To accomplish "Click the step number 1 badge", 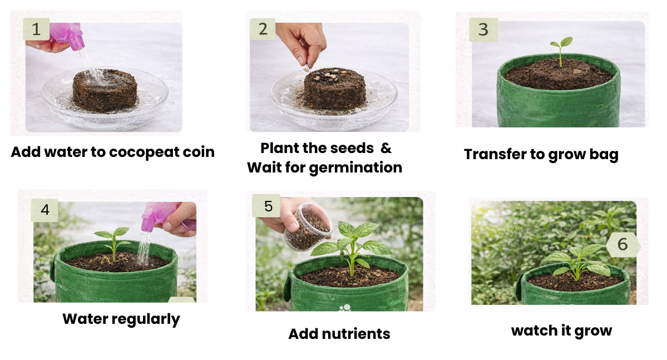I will pyautogui.click(x=36, y=29).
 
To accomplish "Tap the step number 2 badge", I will pyautogui.click(x=263, y=29).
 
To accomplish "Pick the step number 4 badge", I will pyautogui.click(x=45, y=210).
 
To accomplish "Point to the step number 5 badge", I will pyautogui.click(x=268, y=206).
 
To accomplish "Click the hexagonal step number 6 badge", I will pyautogui.click(x=622, y=244).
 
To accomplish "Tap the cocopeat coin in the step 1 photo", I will pyautogui.click(x=105, y=90).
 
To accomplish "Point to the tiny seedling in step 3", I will pyautogui.click(x=561, y=51).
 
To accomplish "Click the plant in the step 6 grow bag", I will pyautogui.click(x=577, y=260).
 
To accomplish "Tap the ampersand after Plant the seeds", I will pyautogui.click(x=386, y=149).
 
